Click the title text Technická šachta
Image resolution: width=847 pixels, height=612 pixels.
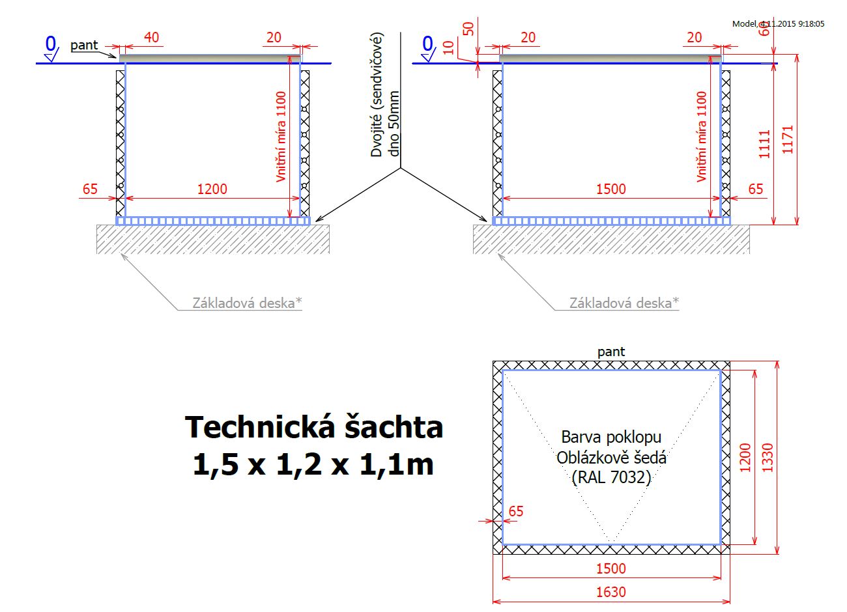point(314,427)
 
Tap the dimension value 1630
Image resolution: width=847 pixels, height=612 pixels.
point(611,592)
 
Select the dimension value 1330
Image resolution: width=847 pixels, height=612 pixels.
point(768,458)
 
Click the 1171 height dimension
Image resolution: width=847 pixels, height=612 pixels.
point(787,139)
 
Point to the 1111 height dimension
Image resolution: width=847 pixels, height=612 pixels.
point(764,144)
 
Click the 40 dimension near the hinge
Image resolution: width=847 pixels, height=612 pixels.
point(151,37)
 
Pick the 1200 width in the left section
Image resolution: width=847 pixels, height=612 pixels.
point(212,189)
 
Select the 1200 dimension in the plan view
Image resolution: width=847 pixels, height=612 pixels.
point(745,458)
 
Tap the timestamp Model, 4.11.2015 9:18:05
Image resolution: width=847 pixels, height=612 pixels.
point(778,24)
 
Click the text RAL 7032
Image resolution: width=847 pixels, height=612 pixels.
point(611,477)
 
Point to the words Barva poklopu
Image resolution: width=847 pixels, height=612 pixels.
point(611,437)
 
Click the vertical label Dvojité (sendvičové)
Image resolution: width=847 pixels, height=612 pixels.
point(377,94)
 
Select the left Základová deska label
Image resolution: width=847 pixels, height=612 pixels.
point(248,303)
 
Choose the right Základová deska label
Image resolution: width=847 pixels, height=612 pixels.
point(624,303)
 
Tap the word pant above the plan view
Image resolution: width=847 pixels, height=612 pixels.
point(611,352)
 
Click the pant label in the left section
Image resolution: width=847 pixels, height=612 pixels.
point(84,46)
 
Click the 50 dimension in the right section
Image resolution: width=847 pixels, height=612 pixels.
point(468,29)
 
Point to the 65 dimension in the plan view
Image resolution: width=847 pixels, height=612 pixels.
point(516,511)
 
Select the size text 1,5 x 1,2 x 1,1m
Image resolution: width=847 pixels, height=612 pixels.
point(313,464)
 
